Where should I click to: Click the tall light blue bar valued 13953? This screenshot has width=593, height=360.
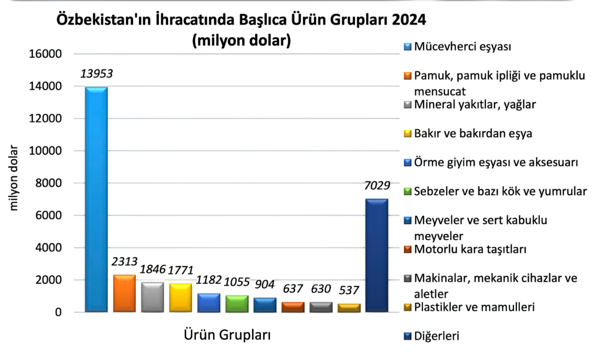click(96, 199)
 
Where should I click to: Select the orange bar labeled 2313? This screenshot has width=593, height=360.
click(124, 294)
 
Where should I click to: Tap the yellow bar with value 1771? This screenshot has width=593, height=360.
click(180, 298)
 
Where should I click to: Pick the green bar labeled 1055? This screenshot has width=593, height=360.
click(237, 303)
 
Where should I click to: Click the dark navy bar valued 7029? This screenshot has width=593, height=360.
click(377, 255)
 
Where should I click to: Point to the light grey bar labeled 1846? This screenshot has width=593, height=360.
click(152, 297)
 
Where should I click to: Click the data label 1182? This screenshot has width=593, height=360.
click(208, 280)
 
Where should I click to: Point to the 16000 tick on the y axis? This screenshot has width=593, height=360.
click(45, 54)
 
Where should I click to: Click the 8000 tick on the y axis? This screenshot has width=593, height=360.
click(48, 183)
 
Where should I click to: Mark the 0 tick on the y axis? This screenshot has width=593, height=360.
click(58, 312)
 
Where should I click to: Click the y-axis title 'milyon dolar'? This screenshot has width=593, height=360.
click(14, 178)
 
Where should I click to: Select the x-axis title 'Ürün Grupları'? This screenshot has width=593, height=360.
click(227, 335)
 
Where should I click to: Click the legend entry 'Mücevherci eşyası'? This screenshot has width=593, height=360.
click(462, 47)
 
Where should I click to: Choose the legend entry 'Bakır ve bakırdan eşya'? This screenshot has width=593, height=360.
click(473, 134)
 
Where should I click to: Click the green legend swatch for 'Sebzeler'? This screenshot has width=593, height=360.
click(408, 191)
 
